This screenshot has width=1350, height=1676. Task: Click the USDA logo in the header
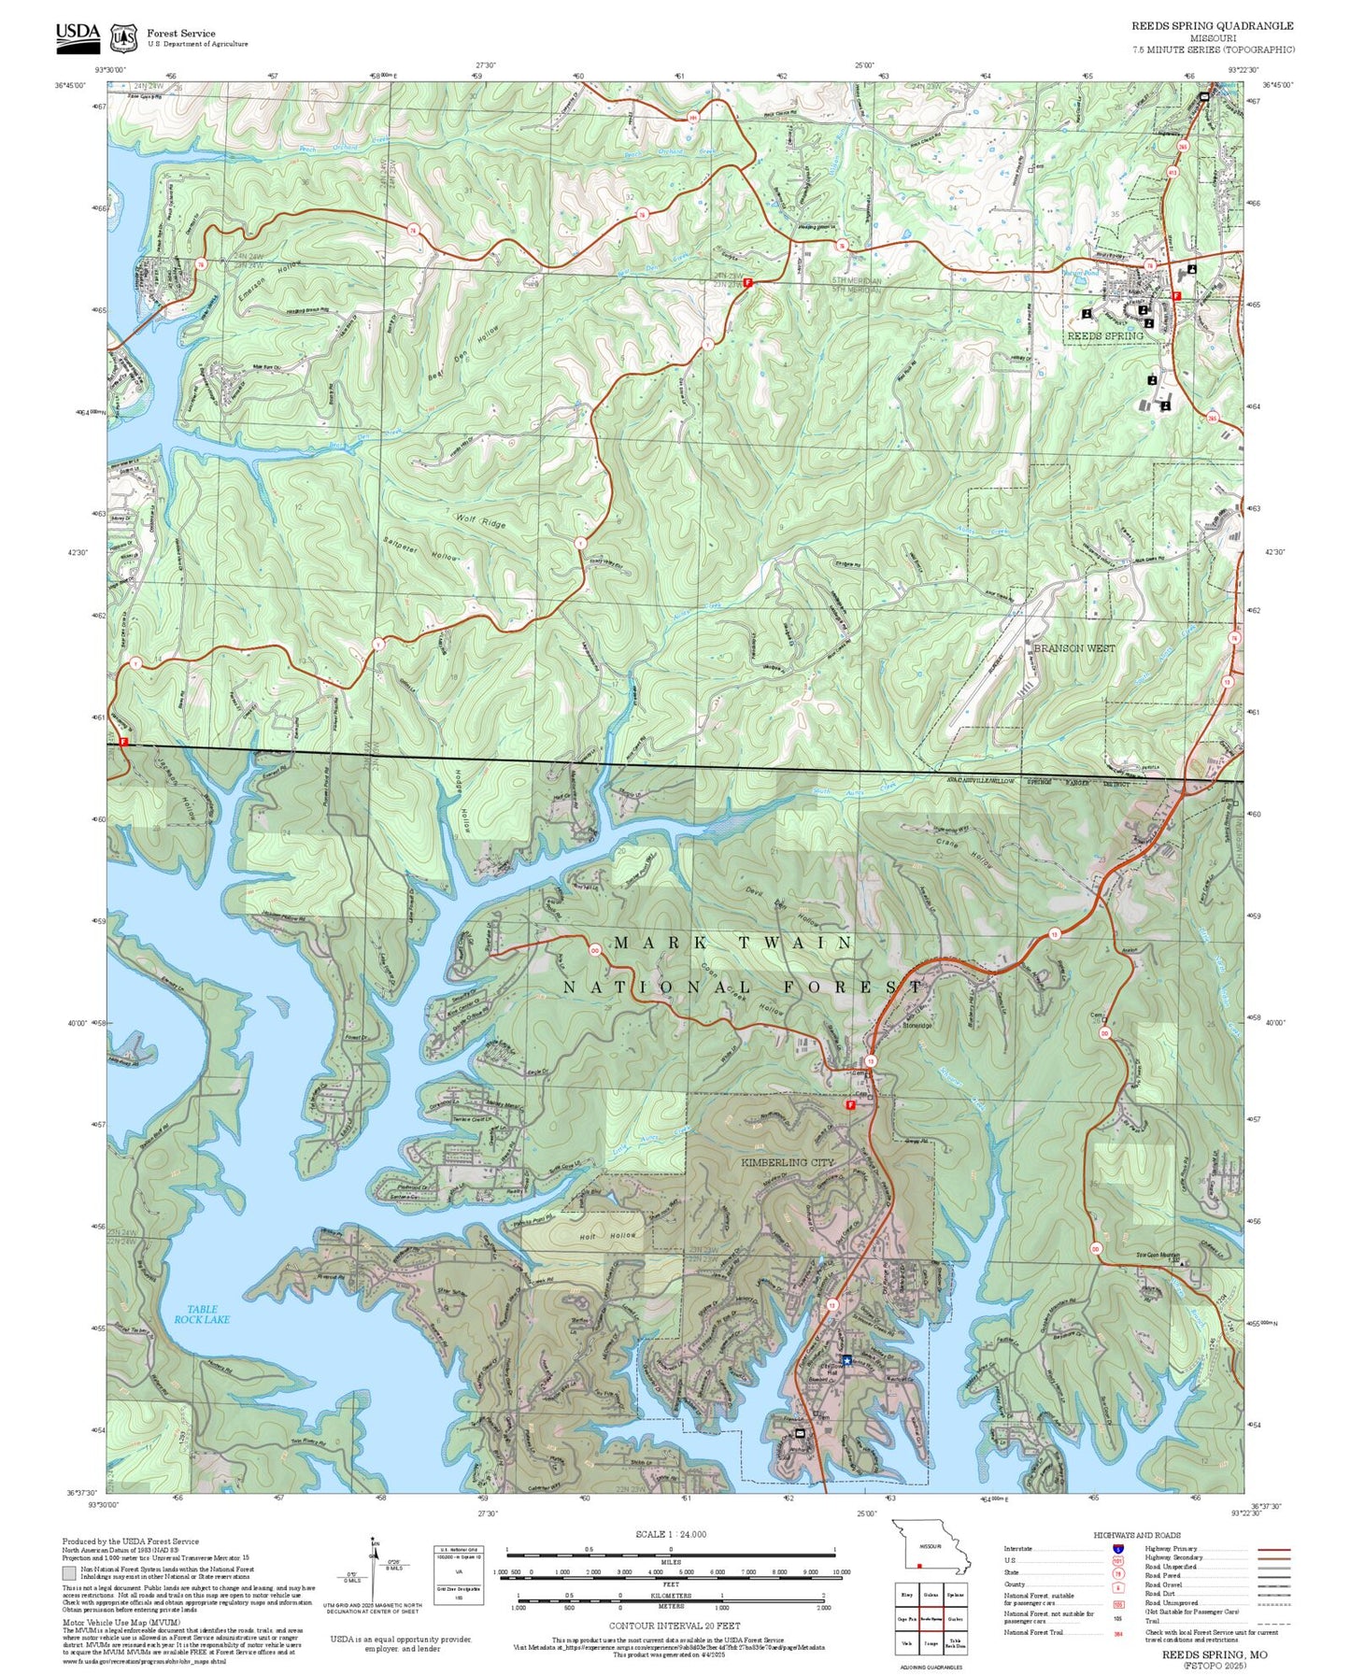click(x=78, y=34)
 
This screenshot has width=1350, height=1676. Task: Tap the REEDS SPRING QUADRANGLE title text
click(x=1212, y=26)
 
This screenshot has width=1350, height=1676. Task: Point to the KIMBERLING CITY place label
click(x=787, y=1162)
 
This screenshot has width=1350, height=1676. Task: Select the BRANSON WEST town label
click(x=1073, y=647)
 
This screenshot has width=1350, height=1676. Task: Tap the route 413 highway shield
click(x=1173, y=172)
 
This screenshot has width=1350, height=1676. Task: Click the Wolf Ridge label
click(x=480, y=520)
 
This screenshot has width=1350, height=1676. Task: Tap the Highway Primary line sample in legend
click(x=1273, y=1548)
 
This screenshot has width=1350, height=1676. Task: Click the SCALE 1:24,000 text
click(x=671, y=1534)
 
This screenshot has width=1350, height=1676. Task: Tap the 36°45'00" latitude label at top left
click(x=69, y=85)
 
